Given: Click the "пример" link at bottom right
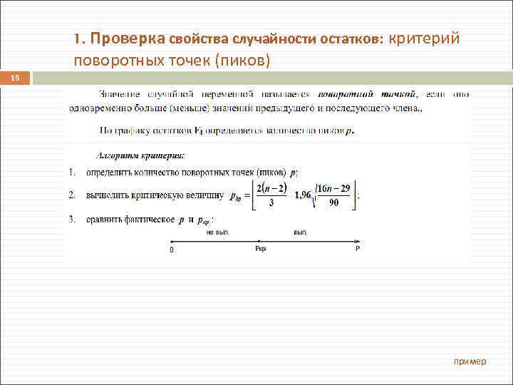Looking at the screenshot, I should [x=470, y=361].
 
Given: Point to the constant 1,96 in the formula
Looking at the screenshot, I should [x=304, y=195].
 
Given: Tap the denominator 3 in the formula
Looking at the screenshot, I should [x=271, y=203].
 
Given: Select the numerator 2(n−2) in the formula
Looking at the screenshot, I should [x=271, y=188].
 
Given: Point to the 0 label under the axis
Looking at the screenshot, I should [x=171, y=250].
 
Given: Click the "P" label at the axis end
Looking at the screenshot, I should [x=358, y=250].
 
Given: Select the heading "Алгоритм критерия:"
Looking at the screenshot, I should [x=140, y=155].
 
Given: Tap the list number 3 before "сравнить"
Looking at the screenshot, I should [x=72, y=220].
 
